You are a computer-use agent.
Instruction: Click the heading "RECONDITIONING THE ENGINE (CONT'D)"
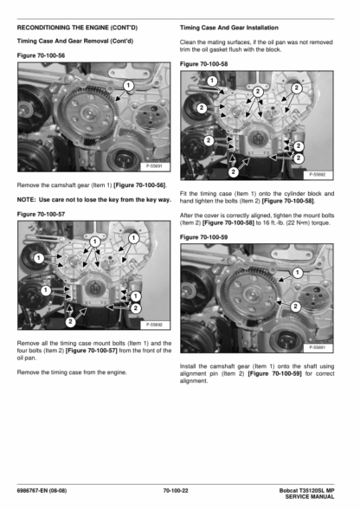(x=77, y=28)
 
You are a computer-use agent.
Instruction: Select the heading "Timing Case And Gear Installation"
(x=229, y=28)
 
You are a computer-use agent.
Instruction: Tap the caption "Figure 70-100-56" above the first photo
(x=41, y=55)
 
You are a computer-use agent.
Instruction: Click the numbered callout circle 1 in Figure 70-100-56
(x=128, y=86)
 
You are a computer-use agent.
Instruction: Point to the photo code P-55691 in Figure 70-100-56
(x=154, y=166)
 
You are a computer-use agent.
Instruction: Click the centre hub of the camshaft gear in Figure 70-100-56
(x=88, y=113)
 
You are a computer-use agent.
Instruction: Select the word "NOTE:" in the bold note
(x=26, y=200)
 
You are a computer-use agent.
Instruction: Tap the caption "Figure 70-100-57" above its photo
(x=41, y=214)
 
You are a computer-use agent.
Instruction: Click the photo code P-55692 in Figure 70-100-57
(x=154, y=325)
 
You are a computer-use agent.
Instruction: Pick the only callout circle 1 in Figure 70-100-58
(x=212, y=81)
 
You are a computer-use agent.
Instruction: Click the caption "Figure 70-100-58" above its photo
(x=204, y=64)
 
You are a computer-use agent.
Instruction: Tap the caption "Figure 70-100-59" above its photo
(x=204, y=237)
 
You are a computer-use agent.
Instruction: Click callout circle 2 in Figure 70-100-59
(x=295, y=307)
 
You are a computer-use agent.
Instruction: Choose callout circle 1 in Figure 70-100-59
(x=297, y=273)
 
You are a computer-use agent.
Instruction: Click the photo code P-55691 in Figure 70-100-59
(x=317, y=347)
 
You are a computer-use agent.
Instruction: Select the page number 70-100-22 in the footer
(x=176, y=490)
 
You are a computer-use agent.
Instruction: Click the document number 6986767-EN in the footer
(x=32, y=490)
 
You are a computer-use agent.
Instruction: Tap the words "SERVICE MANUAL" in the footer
(x=310, y=497)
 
